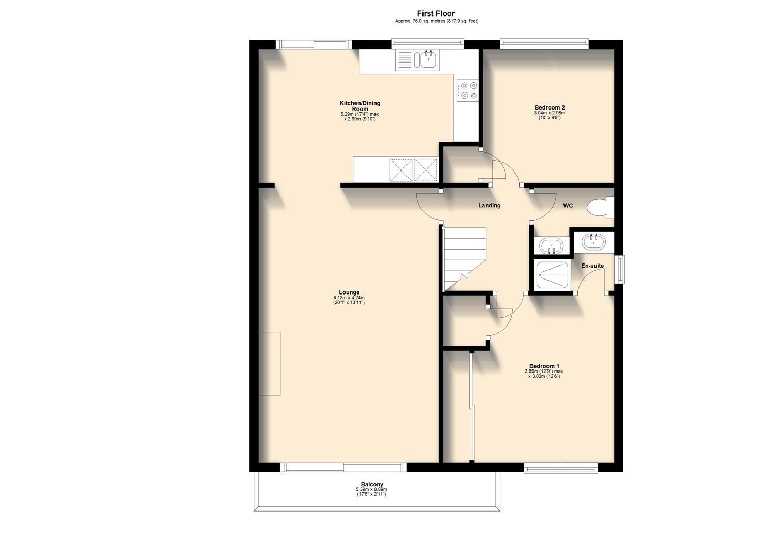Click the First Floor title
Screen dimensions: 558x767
click(x=436, y=14)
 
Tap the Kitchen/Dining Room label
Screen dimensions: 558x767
click(x=360, y=106)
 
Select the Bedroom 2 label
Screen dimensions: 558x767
click(x=550, y=107)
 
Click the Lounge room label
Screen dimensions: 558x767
click(x=349, y=292)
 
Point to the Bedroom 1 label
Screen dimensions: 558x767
click(x=544, y=366)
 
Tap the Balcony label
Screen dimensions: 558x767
click(x=372, y=485)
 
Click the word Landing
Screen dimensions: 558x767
click(x=489, y=206)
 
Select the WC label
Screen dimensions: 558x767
click(x=568, y=206)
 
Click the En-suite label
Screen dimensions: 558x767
click(x=592, y=266)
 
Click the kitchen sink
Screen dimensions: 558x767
click(x=428, y=60)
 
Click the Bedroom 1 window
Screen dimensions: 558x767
click(x=561, y=468)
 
